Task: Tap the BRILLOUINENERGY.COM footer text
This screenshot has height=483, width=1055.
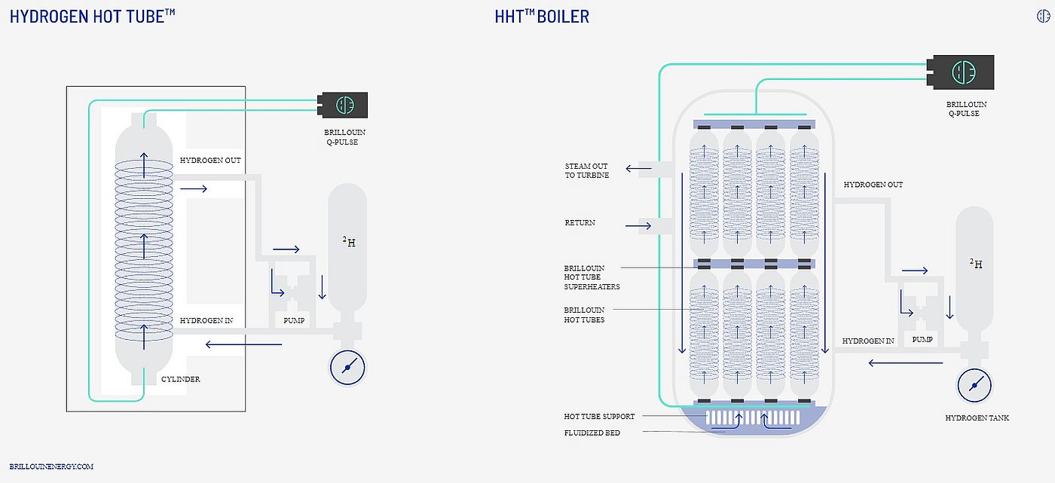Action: pyautogui.click(x=52, y=466)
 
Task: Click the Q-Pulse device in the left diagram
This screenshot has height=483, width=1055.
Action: pyautogui.click(x=343, y=105)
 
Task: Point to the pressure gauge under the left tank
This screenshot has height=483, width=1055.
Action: pyautogui.click(x=347, y=367)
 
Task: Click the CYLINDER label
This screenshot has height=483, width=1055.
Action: pyautogui.click(x=181, y=379)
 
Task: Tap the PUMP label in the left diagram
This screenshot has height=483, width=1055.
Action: pyautogui.click(x=294, y=320)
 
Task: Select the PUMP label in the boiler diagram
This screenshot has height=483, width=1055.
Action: pyautogui.click(x=922, y=340)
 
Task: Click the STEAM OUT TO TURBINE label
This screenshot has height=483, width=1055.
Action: pyautogui.click(x=586, y=170)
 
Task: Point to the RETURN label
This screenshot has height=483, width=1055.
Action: pyautogui.click(x=579, y=223)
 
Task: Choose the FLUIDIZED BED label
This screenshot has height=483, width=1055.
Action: pyautogui.click(x=592, y=433)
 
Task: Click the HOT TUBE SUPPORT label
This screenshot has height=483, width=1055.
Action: pyautogui.click(x=599, y=416)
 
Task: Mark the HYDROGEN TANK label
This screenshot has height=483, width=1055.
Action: pyautogui.click(x=977, y=417)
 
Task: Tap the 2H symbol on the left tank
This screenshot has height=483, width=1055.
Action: pyautogui.click(x=348, y=242)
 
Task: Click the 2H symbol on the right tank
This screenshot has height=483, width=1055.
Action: pyautogui.click(x=975, y=263)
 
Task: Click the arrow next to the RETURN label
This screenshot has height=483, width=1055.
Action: pyautogui.click(x=638, y=225)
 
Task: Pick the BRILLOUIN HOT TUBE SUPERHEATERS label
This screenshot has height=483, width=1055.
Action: pyautogui.click(x=592, y=277)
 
